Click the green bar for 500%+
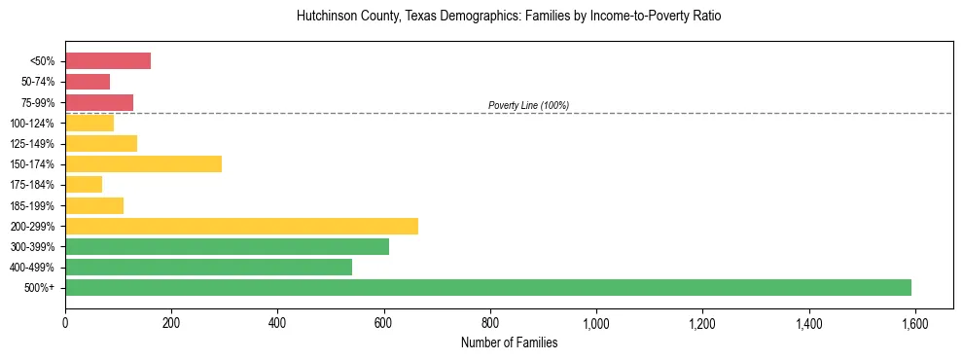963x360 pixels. point(488,287)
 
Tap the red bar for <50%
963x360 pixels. point(108,61)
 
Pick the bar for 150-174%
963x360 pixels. point(143,163)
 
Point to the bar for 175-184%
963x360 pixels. point(84,184)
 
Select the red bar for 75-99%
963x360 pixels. point(99,102)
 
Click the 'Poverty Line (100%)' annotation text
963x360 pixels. point(528,105)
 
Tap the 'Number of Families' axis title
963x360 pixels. point(509,342)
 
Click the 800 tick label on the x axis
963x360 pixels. point(489,323)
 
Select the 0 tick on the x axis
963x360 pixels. point(65,323)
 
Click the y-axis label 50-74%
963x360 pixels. point(38,82)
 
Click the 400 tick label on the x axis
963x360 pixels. point(277,323)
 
